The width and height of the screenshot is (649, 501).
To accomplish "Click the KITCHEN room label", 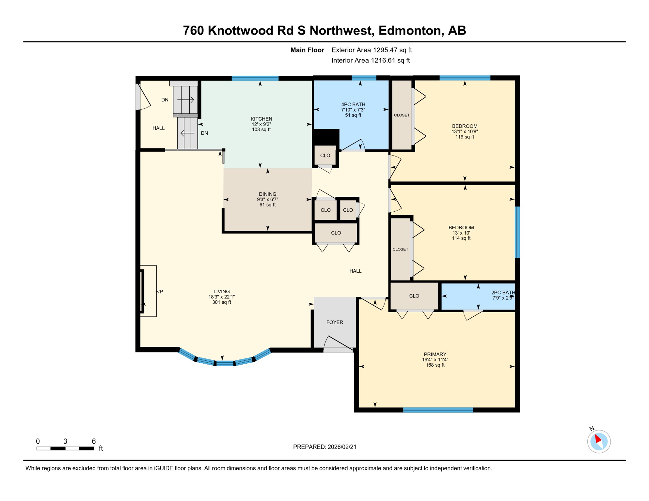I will click(x=261, y=119).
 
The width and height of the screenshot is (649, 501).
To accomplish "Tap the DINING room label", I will click(x=267, y=194).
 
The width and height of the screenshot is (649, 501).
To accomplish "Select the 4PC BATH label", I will click(x=353, y=104).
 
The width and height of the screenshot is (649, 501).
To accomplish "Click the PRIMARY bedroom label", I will click(x=435, y=354).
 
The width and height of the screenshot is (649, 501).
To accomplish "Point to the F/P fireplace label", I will click(x=159, y=292).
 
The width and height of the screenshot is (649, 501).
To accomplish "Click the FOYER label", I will click(x=335, y=322).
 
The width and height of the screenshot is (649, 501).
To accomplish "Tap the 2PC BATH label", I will click(x=503, y=293).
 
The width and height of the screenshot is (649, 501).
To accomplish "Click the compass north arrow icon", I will click(x=599, y=441).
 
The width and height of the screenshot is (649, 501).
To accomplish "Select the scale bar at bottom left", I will click(x=65, y=448).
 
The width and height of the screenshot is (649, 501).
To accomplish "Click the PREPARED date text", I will click(x=324, y=447).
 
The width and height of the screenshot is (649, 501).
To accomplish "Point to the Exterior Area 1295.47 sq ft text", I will click(x=372, y=50).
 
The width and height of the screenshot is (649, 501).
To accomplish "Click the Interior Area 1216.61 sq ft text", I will click(x=371, y=60).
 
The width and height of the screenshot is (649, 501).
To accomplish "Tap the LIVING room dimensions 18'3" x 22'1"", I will click(x=222, y=297).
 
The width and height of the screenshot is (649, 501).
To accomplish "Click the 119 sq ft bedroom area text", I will click(x=465, y=137).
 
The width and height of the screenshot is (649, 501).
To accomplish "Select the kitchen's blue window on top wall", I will click(x=255, y=78).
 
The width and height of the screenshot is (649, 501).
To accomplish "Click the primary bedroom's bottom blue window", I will click(x=438, y=410).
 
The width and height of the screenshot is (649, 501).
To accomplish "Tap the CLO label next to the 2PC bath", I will click(x=414, y=296).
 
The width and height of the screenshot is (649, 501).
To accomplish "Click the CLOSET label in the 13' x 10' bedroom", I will click(x=400, y=249).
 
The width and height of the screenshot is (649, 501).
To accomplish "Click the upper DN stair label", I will click(x=165, y=100).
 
